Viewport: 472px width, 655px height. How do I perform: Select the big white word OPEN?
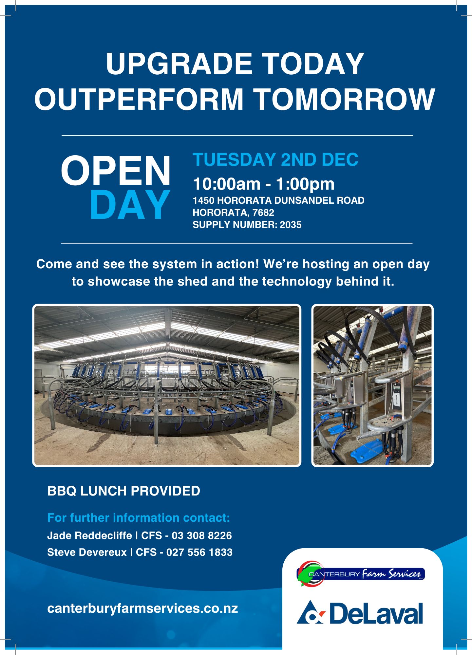[x=116, y=171]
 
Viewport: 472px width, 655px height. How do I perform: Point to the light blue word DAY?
[x=130, y=205]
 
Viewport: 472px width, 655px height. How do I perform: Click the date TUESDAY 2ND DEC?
[x=275, y=159]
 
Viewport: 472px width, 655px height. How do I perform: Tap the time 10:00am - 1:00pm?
[x=264, y=184]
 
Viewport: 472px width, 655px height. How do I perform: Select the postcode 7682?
[x=263, y=213]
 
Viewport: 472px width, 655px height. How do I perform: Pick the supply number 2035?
[x=291, y=225]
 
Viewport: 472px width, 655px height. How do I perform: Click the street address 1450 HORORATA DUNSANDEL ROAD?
[x=278, y=200]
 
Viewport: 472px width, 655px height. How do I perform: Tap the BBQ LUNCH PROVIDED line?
[x=124, y=491]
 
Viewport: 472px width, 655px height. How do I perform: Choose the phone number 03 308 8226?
[x=202, y=535]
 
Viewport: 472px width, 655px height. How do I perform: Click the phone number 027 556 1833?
[x=199, y=552]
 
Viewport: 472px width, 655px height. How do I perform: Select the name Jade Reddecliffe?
[x=90, y=535]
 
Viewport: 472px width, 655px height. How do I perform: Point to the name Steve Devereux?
[x=87, y=552]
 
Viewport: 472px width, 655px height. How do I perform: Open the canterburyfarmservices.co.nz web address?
[x=142, y=608]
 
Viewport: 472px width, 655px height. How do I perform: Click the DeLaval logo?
[x=360, y=612]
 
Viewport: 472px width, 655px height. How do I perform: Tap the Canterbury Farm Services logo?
[x=360, y=574]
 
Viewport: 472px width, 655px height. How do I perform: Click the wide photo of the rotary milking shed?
[x=167, y=385]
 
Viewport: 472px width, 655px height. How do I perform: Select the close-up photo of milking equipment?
[x=372, y=385]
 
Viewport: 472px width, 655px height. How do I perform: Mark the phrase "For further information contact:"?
[x=139, y=518]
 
